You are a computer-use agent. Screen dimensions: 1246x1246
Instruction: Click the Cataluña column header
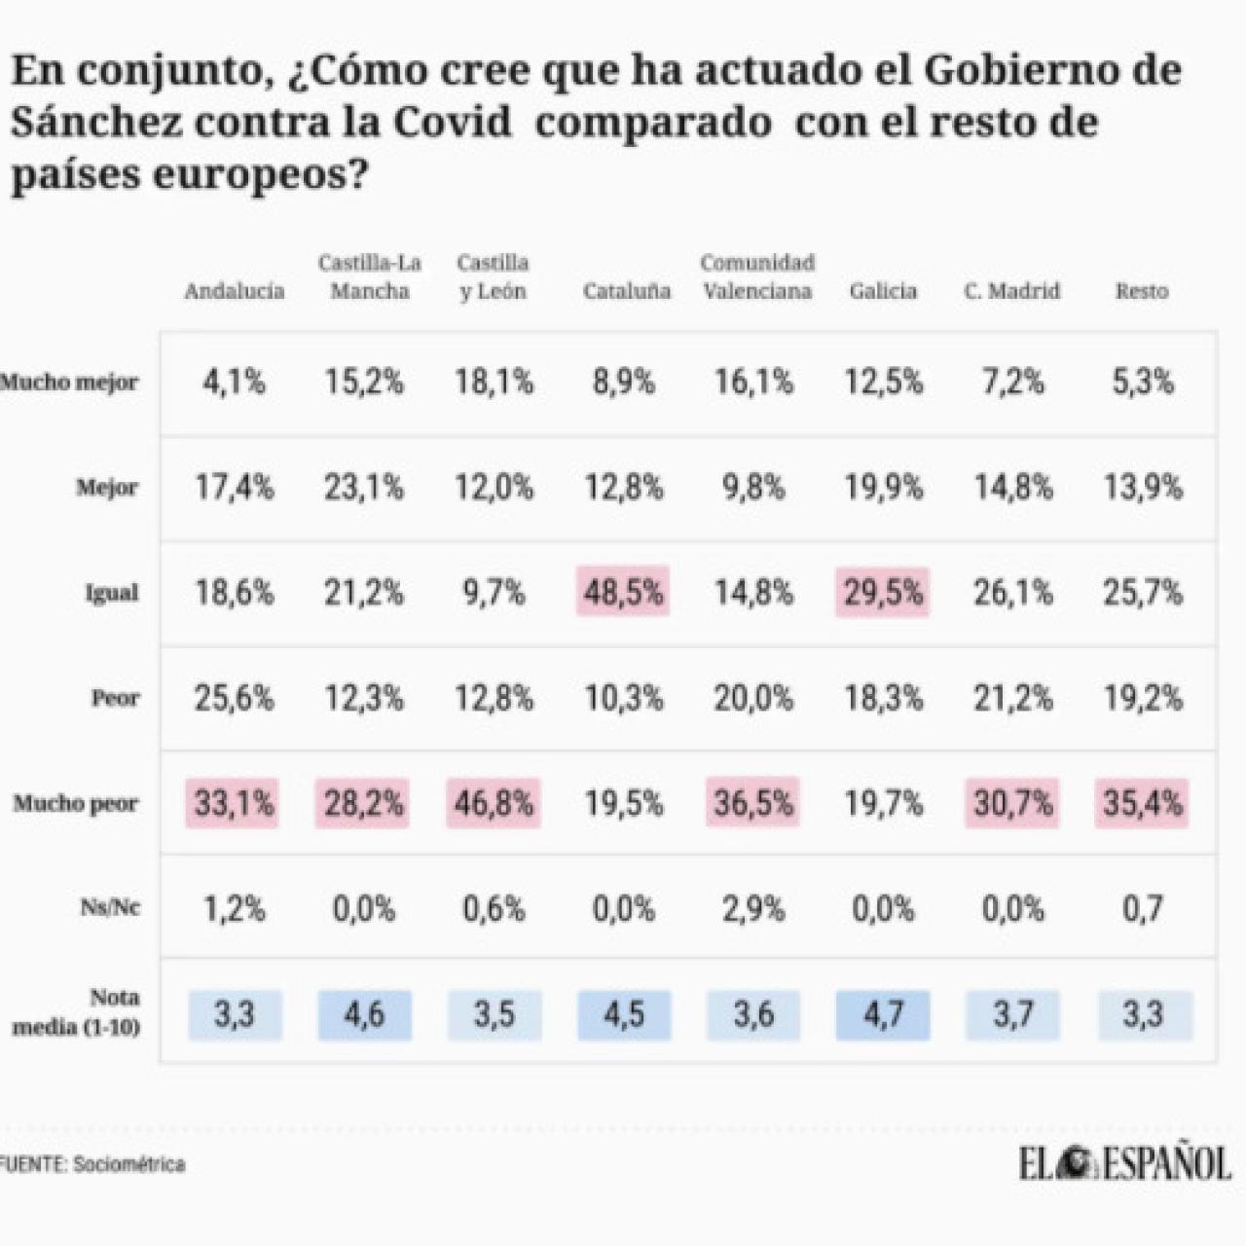click(626, 291)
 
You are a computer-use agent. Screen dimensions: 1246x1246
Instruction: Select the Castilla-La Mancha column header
click(369, 276)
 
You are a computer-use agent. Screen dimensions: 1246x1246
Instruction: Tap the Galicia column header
click(883, 291)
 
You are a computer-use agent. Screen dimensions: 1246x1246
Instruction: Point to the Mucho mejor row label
click(69, 383)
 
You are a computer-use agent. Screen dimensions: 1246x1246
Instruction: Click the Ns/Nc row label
click(109, 908)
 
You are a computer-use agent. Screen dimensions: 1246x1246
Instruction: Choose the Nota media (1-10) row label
click(78, 1012)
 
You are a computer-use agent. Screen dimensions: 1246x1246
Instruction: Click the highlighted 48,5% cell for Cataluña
click(623, 592)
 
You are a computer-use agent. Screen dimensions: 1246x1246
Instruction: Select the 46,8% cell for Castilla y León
click(494, 803)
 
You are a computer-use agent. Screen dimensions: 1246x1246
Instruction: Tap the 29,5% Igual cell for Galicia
click(883, 592)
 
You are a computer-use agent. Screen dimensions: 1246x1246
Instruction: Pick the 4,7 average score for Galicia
click(883, 1014)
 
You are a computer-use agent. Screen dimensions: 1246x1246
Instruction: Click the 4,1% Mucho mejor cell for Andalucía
click(234, 382)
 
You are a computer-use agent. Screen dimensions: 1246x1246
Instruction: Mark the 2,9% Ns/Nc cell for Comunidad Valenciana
click(753, 909)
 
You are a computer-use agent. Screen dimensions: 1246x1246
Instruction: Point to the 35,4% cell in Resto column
click(1142, 803)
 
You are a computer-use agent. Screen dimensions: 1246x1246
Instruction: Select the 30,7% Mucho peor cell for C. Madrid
click(1012, 803)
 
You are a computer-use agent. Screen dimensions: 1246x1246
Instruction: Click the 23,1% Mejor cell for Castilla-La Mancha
click(364, 487)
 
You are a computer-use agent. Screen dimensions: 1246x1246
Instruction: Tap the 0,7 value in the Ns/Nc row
click(1142, 909)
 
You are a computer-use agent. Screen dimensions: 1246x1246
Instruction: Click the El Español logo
click(1125, 1163)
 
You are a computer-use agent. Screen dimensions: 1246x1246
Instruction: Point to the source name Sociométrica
click(128, 1164)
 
